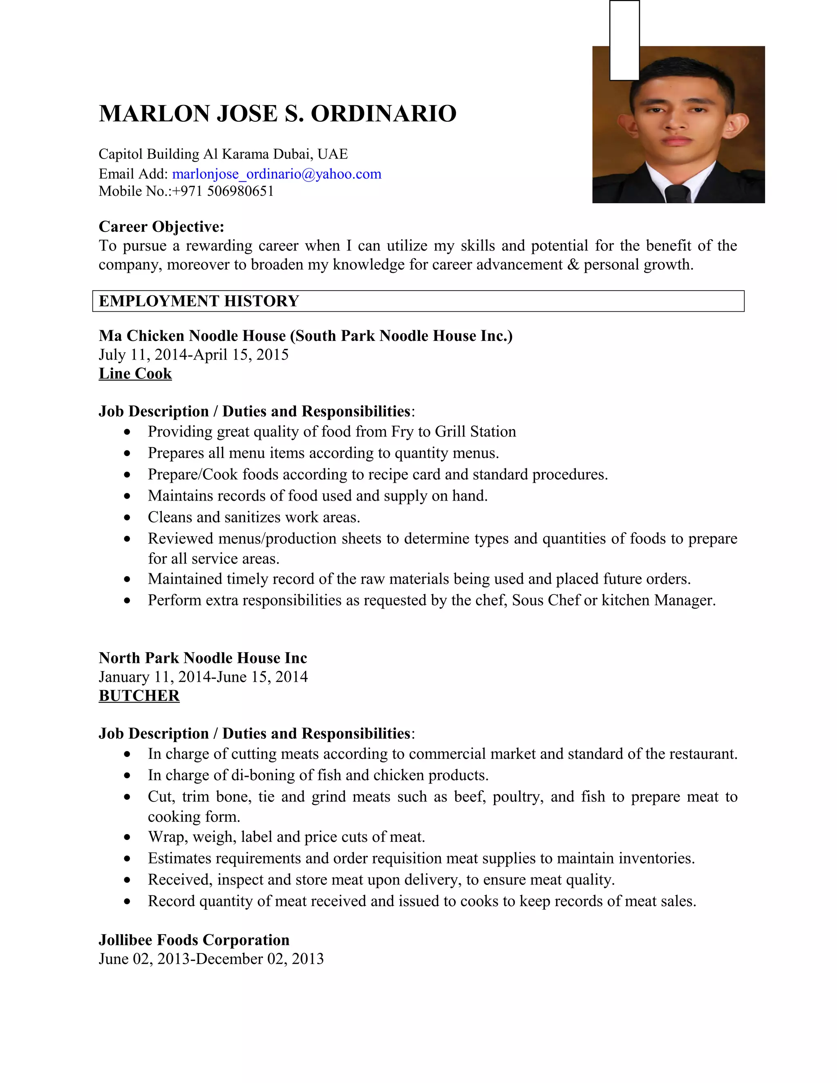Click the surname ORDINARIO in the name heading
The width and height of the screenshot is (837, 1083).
[383, 114]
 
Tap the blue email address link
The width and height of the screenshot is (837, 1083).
[277, 174]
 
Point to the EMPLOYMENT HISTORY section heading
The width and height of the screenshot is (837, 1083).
[199, 301]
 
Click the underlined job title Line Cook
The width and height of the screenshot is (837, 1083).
[135, 374]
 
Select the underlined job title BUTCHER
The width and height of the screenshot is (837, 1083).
[139, 696]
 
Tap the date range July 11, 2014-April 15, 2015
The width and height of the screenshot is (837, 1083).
[193, 355]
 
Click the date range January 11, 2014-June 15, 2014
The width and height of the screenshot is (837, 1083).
[203, 677]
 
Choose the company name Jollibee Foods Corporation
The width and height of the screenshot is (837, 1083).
[194, 940]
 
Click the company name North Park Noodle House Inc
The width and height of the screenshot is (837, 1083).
[203, 658]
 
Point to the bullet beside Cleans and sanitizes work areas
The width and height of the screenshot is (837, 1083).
[128, 518]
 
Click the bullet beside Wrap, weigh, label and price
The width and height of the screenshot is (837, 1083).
[128, 837]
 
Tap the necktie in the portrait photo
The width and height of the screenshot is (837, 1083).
[677, 193]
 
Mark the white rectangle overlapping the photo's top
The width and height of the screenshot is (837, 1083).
[624, 40]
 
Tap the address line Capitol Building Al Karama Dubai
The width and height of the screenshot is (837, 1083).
[223, 154]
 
